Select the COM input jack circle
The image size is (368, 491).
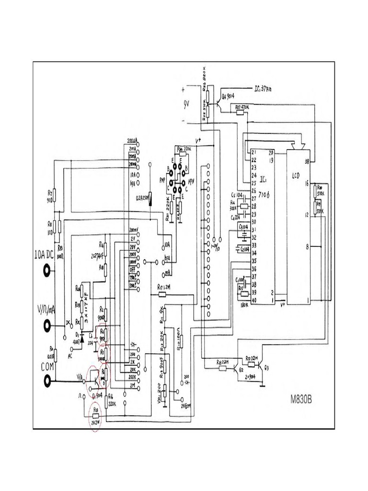coord(47,381)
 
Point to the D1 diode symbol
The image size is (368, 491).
coord(81,339)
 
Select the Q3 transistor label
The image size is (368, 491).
coord(267,367)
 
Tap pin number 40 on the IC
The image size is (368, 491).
coord(253,301)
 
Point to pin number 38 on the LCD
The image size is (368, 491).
coord(307,162)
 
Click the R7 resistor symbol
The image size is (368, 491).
coord(54,195)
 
